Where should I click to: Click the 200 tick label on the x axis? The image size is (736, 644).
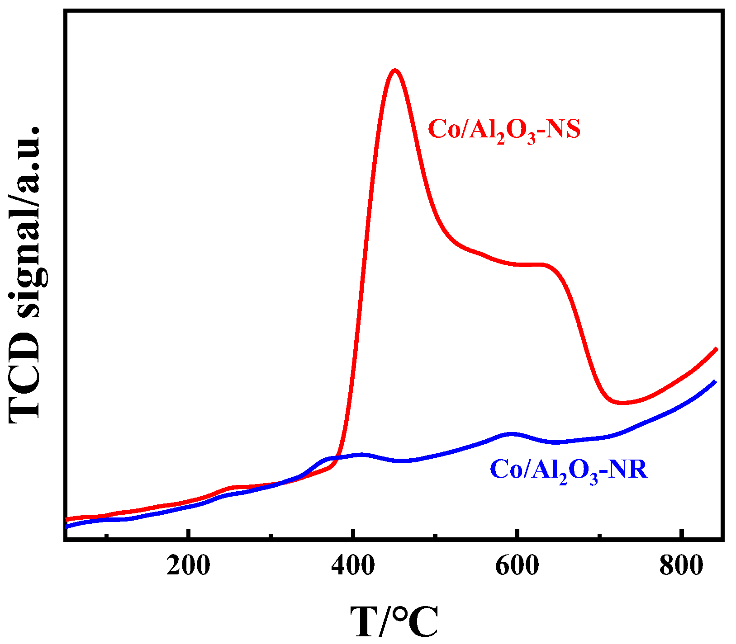pos(188,565)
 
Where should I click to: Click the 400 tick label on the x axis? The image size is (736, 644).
pos(352,565)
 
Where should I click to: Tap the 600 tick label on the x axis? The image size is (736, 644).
pos(517,565)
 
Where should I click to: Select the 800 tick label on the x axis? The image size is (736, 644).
pos(681,565)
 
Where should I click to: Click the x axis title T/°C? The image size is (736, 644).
pos(394,621)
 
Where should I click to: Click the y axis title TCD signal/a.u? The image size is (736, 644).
pos(25,275)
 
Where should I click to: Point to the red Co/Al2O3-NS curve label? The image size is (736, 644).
pos(504,130)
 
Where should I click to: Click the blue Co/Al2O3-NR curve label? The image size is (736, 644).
pos(569,470)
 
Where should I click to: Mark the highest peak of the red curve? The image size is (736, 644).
pos(395,71)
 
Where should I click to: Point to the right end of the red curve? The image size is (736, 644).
pos(716,349)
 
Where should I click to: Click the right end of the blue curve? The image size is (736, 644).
pos(715,382)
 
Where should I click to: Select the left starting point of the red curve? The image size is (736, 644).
pos(67,519)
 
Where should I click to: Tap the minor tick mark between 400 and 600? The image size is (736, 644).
pos(434,536)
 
